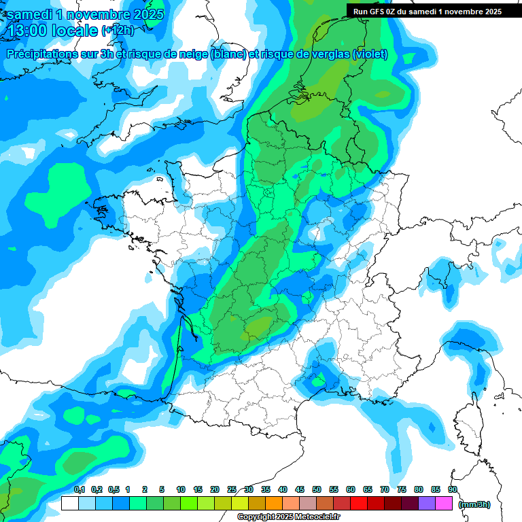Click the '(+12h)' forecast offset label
[118, 31]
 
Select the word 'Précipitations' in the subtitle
[41, 54]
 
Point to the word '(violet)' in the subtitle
[370, 54]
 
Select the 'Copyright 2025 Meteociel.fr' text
[288, 517]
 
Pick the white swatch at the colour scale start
[70, 504]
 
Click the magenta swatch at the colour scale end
[444, 504]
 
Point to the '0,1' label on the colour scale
[80, 489]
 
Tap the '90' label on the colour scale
[453, 489]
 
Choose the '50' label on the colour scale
[317, 489]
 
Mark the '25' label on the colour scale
[232, 489]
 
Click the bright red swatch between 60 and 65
[359, 504]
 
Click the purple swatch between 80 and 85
[427, 504]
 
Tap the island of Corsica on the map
[469, 421]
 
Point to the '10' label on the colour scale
[181, 489]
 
